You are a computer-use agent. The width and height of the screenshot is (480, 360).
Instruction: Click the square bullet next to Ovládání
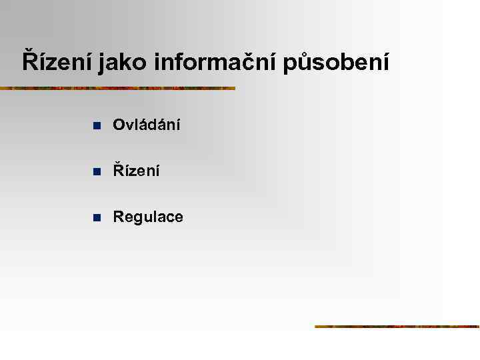tap(96, 125)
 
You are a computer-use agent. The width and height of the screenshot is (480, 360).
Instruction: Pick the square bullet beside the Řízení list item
tap(96, 172)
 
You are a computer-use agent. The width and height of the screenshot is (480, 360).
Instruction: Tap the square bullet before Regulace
tap(96, 218)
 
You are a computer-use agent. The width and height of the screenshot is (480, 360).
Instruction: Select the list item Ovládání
tap(146, 125)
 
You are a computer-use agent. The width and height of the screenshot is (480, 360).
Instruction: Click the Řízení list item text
tap(136, 171)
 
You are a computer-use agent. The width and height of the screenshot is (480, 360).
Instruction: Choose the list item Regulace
tap(148, 217)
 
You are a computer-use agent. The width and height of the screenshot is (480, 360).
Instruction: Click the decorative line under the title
tap(117, 88)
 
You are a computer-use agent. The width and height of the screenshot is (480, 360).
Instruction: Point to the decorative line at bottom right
tap(397, 326)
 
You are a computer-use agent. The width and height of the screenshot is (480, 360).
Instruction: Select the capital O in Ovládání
tap(119, 125)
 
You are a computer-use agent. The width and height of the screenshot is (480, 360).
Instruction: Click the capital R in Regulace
tap(119, 217)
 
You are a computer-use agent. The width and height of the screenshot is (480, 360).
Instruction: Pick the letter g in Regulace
tap(137, 219)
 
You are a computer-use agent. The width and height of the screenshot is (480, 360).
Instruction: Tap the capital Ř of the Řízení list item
tap(119, 171)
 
